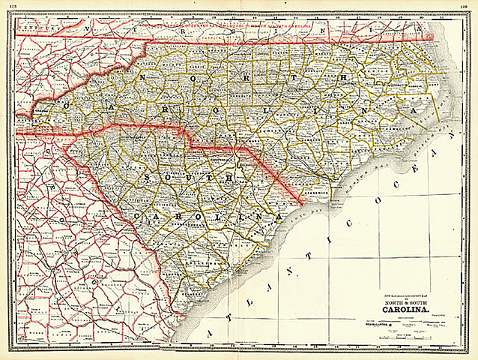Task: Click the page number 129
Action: click(x=465, y=7)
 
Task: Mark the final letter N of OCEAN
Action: click(x=451, y=139)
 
